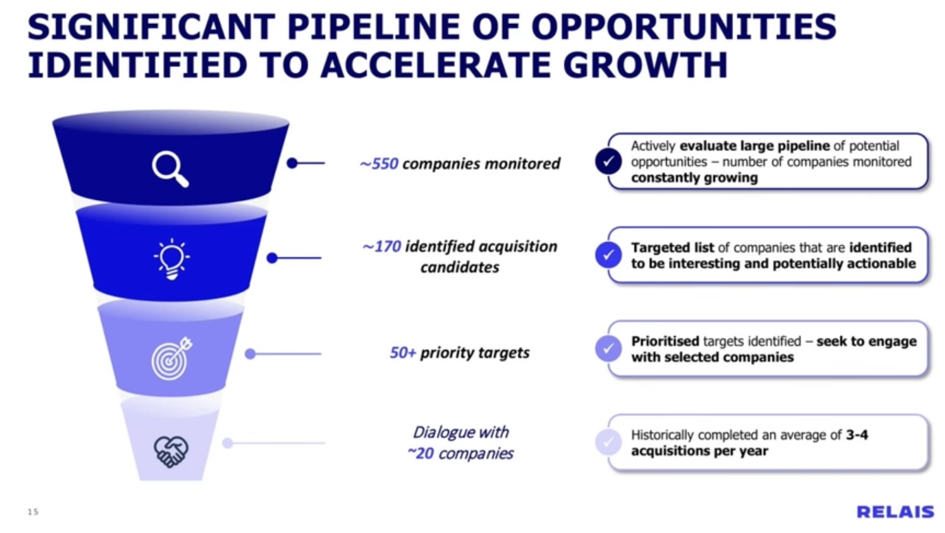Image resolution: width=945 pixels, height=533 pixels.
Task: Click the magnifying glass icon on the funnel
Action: [x=171, y=169]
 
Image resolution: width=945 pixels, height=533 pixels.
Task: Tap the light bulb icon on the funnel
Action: [x=171, y=259]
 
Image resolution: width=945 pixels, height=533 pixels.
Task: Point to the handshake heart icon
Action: [x=171, y=451]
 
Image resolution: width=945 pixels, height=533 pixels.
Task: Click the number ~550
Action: [x=379, y=164]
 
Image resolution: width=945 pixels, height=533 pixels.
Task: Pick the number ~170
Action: [x=381, y=247]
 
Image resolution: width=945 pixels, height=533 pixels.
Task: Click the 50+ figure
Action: [x=403, y=353]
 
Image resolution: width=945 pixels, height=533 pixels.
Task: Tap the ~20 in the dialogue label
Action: [x=421, y=453]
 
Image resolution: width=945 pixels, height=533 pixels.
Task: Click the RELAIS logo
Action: [x=896, y=512]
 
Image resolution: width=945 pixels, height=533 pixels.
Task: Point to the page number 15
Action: [x=33, y=512]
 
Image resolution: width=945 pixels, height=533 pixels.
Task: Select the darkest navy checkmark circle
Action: [x=608, y=161]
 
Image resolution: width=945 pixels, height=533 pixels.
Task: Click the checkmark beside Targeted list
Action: [x=608, y=255]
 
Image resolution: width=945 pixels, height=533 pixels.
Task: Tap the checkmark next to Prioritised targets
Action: [x=608, y=348]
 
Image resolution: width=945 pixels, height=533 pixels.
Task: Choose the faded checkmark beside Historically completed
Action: [x=608, y=442]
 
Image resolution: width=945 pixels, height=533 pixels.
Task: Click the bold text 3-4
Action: [x=857, y=435]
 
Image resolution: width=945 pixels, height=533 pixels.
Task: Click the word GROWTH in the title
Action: [x=645, y=65]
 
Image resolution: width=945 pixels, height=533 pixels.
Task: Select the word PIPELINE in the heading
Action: [x=373, y=27]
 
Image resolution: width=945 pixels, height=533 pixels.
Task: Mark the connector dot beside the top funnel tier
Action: [x=292, y=163]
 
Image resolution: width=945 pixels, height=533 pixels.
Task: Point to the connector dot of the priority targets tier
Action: [x=250, y=354]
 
